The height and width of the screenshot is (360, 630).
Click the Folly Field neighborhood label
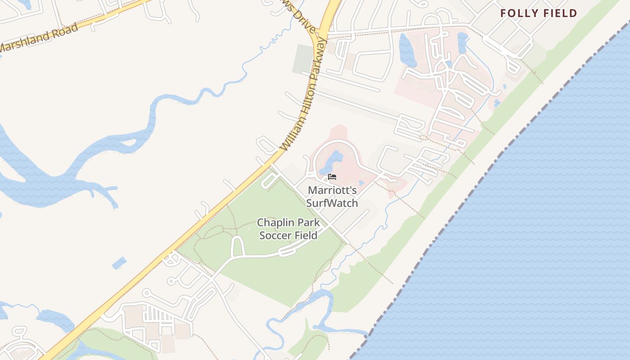point(539,13)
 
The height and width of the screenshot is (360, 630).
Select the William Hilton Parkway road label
point(304,94)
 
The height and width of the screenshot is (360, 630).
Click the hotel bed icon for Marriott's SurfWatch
point(332,176)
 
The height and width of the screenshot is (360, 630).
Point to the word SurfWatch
point(332,203)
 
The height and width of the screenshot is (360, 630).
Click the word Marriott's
point(332,190)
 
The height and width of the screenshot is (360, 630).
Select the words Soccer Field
point(288,235)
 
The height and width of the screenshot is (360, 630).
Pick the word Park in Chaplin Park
point(309,223)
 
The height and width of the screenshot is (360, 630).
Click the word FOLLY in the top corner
point(517,13)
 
